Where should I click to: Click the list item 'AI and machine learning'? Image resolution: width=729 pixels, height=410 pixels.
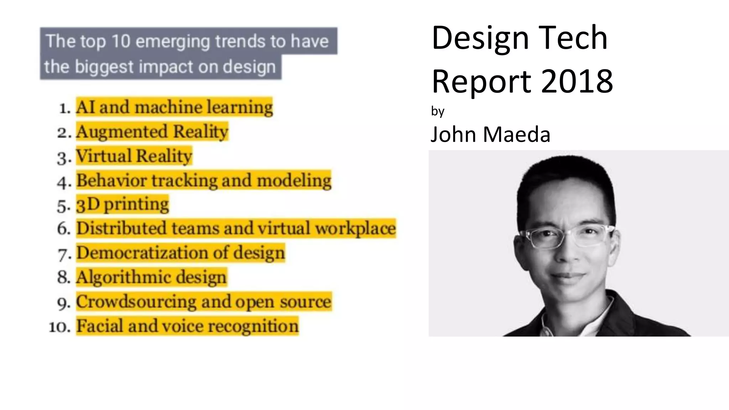174,107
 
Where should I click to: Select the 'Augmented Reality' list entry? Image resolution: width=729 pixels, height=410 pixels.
152,131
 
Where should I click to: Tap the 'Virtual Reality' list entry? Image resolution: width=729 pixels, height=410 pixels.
134,156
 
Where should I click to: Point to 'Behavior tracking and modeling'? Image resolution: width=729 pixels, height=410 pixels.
204,180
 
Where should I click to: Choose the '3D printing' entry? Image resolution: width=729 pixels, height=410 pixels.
122,204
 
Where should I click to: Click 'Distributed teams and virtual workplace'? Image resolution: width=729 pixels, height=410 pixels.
236,228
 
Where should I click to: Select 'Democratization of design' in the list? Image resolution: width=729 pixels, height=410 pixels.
180,253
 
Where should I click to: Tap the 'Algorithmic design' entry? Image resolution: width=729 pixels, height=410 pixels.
151,277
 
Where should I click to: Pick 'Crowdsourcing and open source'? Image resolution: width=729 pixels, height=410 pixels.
204,301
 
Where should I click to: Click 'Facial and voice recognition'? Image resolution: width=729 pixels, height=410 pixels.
187,326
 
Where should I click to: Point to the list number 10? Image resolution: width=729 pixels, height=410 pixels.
59,327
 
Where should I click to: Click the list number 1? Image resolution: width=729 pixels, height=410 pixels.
64,108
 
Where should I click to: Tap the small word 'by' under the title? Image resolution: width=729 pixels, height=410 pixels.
437,111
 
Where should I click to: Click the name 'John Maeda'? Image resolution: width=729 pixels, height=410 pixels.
491,135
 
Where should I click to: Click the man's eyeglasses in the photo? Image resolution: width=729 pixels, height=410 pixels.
566,236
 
